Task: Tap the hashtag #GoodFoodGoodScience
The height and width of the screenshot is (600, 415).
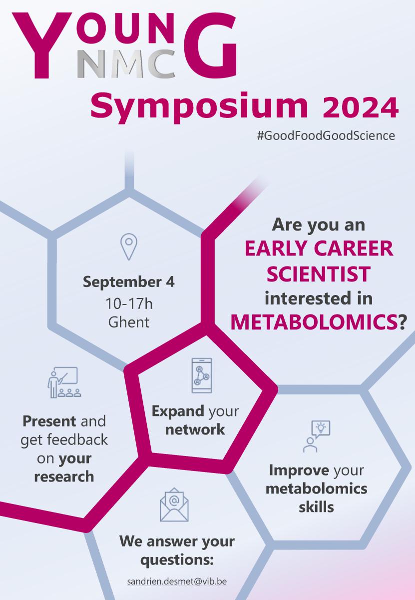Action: (x=326, y=135)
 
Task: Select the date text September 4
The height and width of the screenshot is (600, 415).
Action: (x=129, y=282)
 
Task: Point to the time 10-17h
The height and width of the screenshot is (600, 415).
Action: (x=129, y=304)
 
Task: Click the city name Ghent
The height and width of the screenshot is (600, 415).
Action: (x=129, y=322)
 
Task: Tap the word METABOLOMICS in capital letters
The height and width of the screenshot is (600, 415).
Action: (x=314, y=322)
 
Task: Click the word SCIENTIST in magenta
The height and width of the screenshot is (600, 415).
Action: (x=319, y=274)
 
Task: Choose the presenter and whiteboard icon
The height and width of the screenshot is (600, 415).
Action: (x=64, y=382)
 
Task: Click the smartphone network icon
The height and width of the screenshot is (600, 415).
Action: (x=202, y=375)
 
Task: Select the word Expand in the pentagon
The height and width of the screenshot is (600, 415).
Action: (x=178, y=411)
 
